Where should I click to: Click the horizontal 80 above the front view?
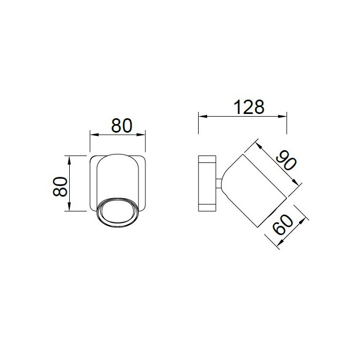pyautogui.click(x=121, y=126)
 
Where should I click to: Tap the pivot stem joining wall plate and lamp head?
pyautogui.click(x=219, y=184)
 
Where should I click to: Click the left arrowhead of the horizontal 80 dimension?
pyautogui.click(x=93, y=135)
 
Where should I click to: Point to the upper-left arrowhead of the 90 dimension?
pyautogui.click(x=257, y=143)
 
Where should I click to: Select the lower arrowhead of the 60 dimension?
pyautogui.click(x=280, y=244)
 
